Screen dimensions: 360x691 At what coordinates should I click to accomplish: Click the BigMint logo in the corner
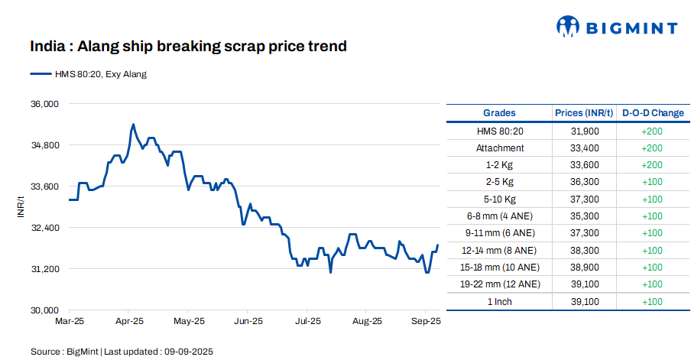[616, 28]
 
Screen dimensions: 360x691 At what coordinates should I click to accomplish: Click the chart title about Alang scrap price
[188, 47]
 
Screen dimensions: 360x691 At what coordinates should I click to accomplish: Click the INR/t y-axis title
[21, 206]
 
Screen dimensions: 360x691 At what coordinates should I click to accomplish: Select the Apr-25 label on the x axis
[129, 323]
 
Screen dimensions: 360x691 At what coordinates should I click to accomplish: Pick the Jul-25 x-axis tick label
[307, 323]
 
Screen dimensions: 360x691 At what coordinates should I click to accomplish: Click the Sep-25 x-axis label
[426, 323]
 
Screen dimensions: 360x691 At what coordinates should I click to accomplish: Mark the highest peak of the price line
[133, 124]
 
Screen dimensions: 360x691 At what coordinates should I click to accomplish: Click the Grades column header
[499, 113]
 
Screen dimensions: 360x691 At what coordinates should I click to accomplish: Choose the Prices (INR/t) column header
[584, 113]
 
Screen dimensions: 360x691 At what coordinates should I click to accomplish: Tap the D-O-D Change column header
[652, 113]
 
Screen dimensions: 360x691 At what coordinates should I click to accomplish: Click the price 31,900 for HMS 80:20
[585, 131]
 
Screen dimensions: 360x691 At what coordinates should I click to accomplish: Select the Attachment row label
[500, 148]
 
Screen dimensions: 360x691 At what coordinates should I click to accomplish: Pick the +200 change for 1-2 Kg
[652, 165]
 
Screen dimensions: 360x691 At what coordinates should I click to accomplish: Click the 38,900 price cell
[585, 268]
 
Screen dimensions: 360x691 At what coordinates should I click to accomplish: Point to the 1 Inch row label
[500, 301]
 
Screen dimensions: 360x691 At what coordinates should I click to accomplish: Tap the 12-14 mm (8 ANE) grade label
[500, 251]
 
